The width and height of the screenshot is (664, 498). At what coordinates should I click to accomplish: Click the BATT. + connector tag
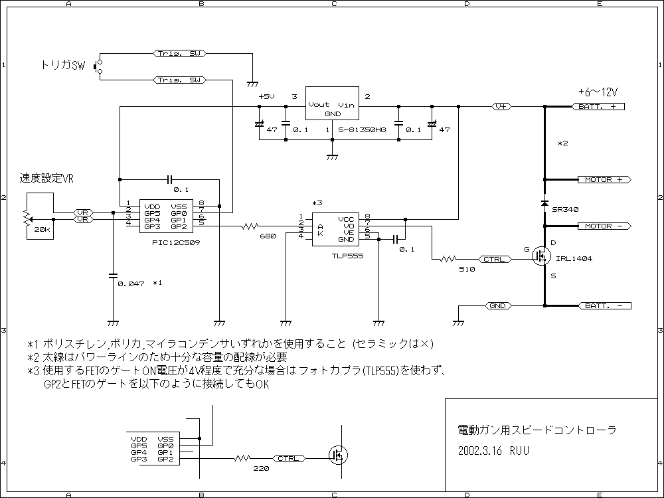click(598, 107)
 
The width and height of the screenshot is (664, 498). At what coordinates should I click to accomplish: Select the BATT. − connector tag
click(604, 305)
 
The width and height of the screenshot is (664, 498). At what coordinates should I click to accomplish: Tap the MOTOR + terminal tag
click(604, 179)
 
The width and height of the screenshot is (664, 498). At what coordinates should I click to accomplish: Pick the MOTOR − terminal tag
click(604, 226)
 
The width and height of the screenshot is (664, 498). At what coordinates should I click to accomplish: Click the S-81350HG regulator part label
click(362, 130)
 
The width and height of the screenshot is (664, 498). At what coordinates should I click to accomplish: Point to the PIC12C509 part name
click(176, 242)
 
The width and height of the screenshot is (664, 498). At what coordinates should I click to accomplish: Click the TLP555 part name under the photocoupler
click(348, 256)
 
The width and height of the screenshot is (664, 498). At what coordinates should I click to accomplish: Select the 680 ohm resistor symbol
click(250, 226)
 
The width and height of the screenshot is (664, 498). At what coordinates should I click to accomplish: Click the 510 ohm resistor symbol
click(448, 259)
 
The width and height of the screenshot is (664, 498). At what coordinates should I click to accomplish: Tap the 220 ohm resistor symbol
click(242, 458)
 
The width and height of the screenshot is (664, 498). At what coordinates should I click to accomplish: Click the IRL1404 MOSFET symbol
click(542, 256)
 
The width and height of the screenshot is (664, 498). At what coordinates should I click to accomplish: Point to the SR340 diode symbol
click(545, 203)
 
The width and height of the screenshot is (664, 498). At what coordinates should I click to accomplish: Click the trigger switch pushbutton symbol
click(98, 67)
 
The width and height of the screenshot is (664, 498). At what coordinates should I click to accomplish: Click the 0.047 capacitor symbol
click(113, 276)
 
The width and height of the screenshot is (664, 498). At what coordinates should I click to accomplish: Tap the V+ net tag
click(501, 107)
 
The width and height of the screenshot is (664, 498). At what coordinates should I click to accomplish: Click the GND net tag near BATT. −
click(497, 305)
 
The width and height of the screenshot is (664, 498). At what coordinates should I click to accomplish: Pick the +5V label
click(266, 96)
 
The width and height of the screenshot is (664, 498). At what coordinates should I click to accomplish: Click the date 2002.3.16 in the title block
click(480, 451)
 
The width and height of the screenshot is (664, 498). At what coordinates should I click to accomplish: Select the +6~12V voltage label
click(598, 92)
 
